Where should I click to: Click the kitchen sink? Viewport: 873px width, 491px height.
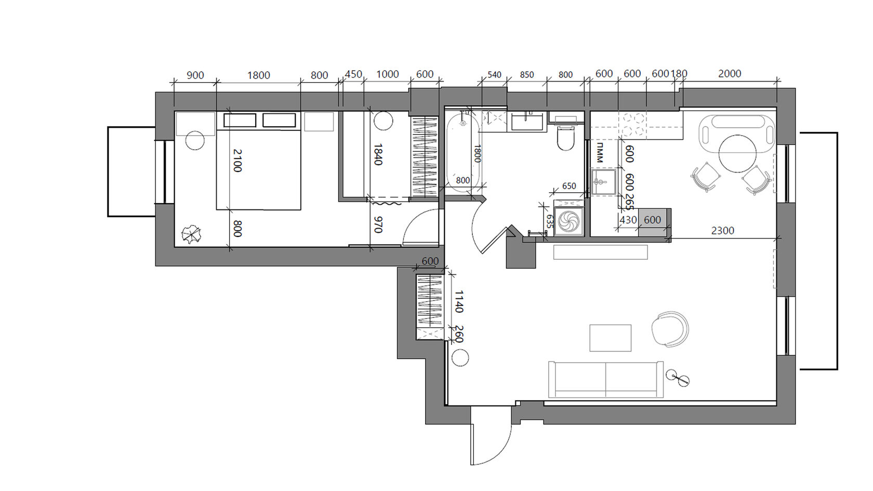(x=604, y=182)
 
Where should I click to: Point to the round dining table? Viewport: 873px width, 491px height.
(x=738, y=154)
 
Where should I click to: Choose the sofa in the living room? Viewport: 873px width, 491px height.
(x=606, y=379)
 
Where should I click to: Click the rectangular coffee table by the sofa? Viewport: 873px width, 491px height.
(x=610, y=338)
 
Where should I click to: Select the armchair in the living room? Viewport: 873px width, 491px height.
(x=669, y=329)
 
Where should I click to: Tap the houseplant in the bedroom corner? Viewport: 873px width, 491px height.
(x=191, y=235)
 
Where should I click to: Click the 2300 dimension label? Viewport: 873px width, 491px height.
(x=722, y=231)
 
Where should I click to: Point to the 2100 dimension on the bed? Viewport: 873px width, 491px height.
(x=236, y=160)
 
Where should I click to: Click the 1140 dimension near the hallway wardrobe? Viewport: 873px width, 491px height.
(x=459, y=301)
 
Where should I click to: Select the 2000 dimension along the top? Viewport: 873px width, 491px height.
(x=730, y=74)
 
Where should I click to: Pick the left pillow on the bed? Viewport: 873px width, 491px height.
(x=240, y=121)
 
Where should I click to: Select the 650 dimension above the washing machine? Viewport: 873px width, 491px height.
(x=569, y=186)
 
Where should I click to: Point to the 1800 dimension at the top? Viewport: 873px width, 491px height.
(x=258, y=75)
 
